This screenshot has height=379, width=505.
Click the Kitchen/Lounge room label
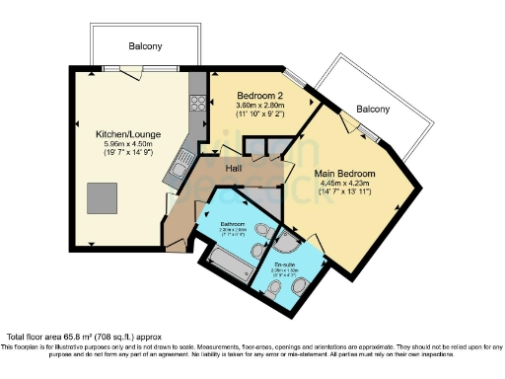[128, 133]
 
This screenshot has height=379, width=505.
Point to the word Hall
[235, 169]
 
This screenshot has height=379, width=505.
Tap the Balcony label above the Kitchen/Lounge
[145, 46]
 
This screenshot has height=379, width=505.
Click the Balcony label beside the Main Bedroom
[373, 109]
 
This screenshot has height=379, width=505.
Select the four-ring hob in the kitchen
[196, 103]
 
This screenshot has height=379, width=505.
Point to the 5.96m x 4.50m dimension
[128, 144]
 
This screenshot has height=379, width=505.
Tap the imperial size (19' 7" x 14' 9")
[128, 154]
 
